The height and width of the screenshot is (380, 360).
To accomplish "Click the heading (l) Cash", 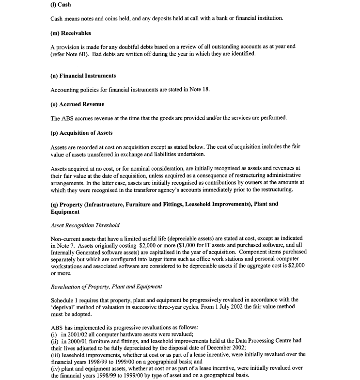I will [x=62, y=5].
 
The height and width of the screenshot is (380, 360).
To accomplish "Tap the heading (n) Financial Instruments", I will [x=83, y=76].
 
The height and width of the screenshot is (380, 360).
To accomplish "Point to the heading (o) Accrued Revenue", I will [x=77, y=104].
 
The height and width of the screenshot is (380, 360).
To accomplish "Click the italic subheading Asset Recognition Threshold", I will [x=85, y=225].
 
